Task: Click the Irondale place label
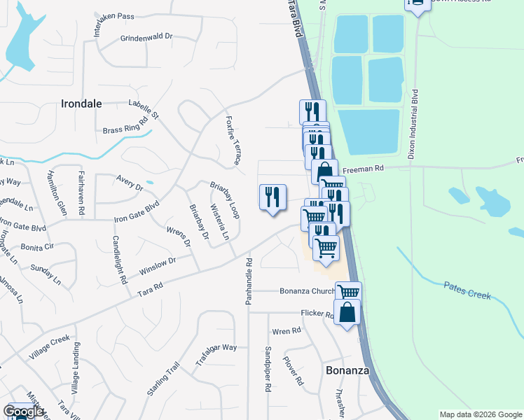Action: (82, 104)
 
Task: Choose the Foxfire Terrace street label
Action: (233, 140)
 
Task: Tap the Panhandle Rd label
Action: (248, 281)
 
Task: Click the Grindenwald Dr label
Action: (146, 38)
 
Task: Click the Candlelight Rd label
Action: (119, 259)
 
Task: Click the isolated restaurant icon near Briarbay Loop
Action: (273, 197)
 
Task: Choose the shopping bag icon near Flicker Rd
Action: (347, 311)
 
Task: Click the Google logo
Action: (24, 412)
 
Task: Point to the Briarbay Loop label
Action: (226, 199)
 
